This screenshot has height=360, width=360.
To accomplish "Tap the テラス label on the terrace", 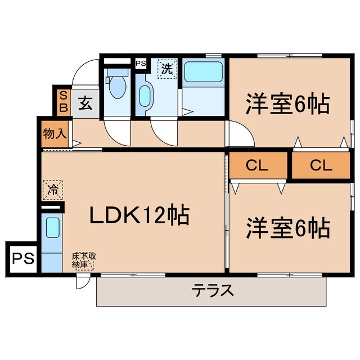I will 213,290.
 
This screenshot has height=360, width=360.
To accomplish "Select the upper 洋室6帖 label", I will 286,104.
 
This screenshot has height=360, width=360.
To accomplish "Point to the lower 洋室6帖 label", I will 286,228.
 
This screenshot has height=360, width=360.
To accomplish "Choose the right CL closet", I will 321,166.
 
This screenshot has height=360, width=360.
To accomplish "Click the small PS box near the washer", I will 141,64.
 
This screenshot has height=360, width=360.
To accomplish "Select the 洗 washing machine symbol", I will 167,70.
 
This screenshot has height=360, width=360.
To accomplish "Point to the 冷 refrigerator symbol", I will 52,190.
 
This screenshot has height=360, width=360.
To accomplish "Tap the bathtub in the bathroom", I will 204,71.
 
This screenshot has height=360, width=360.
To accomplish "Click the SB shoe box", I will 62,101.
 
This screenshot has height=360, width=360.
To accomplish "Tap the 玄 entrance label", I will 85,103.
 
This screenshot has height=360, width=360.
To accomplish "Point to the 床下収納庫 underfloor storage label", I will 83,261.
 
